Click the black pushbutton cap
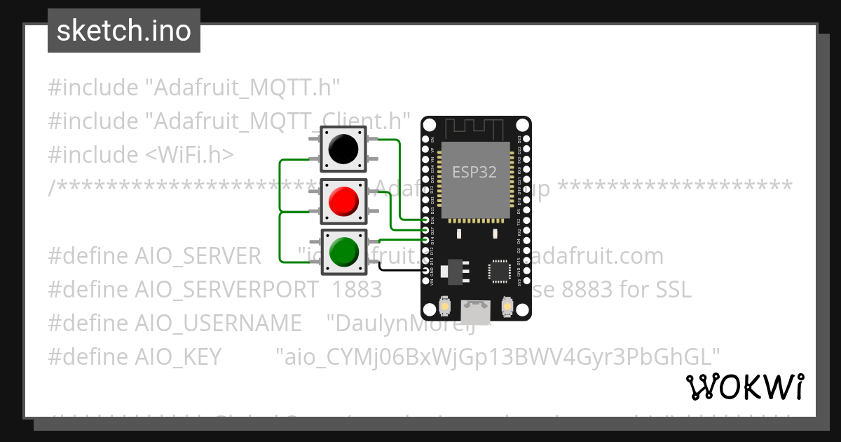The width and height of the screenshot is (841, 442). coord(343,149)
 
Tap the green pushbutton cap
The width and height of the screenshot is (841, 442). coord(343,251)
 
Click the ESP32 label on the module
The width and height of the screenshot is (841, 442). coord(474,172)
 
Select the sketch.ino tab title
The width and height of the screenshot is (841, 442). coord(124,31)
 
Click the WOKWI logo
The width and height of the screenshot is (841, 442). coord(744,387)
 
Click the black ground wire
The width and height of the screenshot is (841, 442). coord(399,269)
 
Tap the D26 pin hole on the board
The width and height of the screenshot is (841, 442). coord(426,220)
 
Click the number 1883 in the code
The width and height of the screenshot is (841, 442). coord(357,289)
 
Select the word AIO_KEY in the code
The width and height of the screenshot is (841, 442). coord(135,356)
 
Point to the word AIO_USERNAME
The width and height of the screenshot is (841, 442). coord(175,323)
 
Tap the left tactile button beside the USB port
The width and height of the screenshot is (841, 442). coord(444,307)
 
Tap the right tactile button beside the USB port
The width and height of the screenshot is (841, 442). coord(508,307)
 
